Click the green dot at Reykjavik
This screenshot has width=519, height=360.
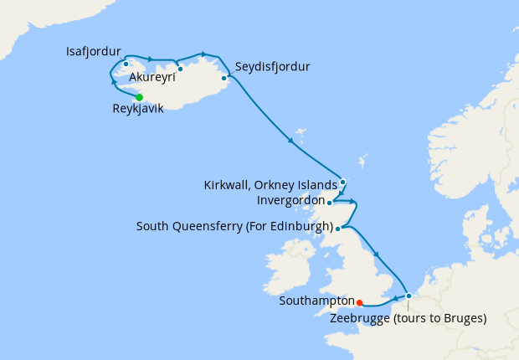tap(139, 97)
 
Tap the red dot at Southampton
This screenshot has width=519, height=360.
tap(359, 303)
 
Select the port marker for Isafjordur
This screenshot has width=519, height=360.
tap(126, 64)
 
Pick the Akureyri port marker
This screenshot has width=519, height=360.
tap(180, 69)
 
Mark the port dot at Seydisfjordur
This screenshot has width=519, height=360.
tap(224, 79)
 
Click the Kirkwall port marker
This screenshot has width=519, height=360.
tap(342, 181)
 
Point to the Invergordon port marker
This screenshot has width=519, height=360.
tap(330, 202)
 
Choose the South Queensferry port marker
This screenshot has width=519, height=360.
tap(337, 228)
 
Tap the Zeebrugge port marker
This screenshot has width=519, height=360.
tap(408, 296)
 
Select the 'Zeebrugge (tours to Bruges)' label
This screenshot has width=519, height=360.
tap(408, 318)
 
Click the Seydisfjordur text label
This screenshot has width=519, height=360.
tap(273, 66)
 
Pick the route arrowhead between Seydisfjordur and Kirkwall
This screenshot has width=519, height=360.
tap(290, 140)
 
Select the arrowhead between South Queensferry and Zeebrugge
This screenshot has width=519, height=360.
tap(376, 255)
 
